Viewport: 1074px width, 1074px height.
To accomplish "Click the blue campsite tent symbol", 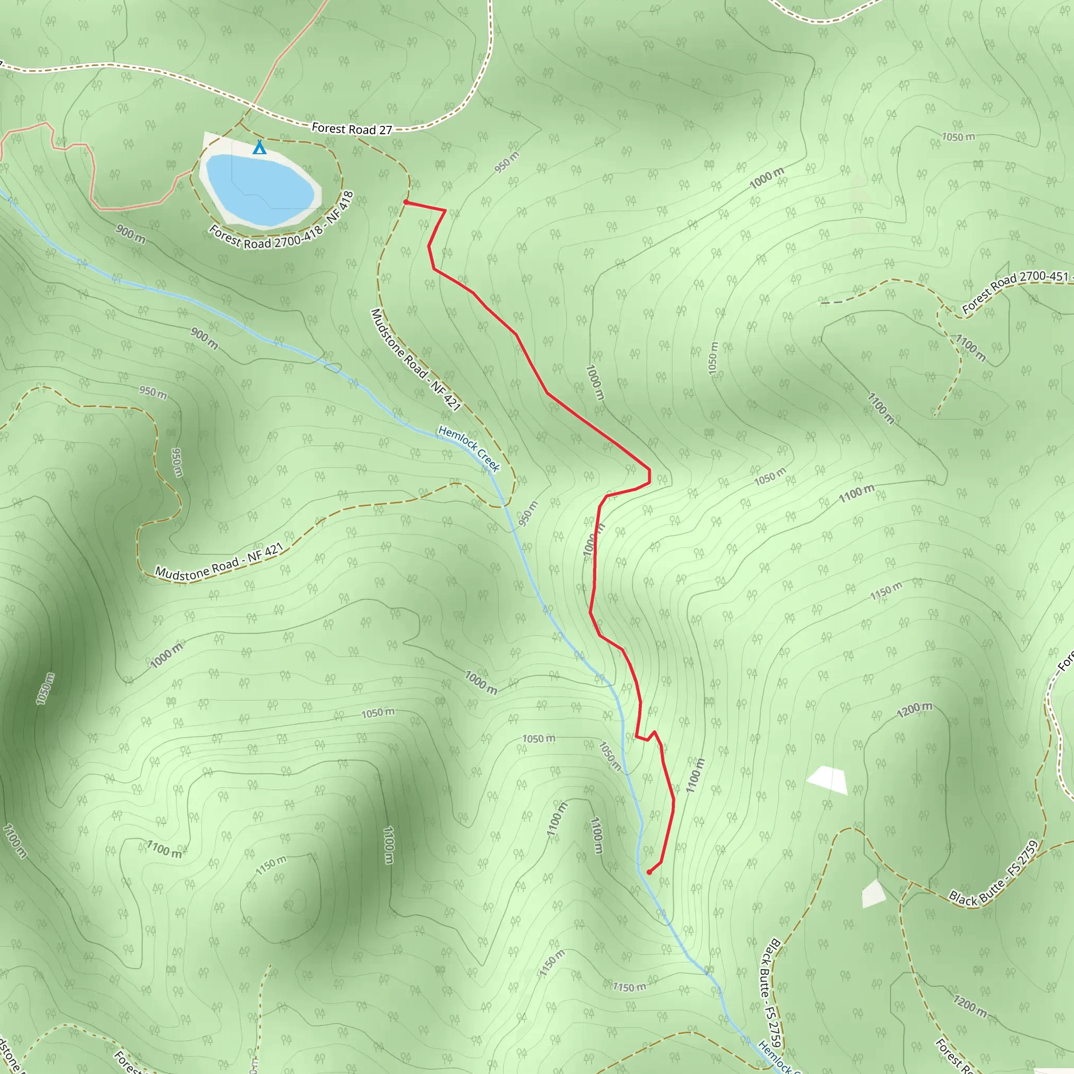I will pos(259,147).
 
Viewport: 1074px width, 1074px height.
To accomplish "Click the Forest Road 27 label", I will pos(352,129).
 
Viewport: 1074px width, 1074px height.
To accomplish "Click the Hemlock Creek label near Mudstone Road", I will pos(469,448).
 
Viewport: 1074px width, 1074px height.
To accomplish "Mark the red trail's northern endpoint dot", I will pos(406,202).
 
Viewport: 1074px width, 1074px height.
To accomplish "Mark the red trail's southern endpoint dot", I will pos(649,872).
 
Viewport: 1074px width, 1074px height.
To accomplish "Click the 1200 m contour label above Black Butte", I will pos(915,710).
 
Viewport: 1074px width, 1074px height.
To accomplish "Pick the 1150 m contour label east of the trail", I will pos(886,591).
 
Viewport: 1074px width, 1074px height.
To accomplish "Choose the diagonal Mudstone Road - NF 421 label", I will pos(415,360).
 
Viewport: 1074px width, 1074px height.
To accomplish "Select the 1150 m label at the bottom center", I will pos(629,987).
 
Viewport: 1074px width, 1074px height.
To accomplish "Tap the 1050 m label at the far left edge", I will pos(46,689).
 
